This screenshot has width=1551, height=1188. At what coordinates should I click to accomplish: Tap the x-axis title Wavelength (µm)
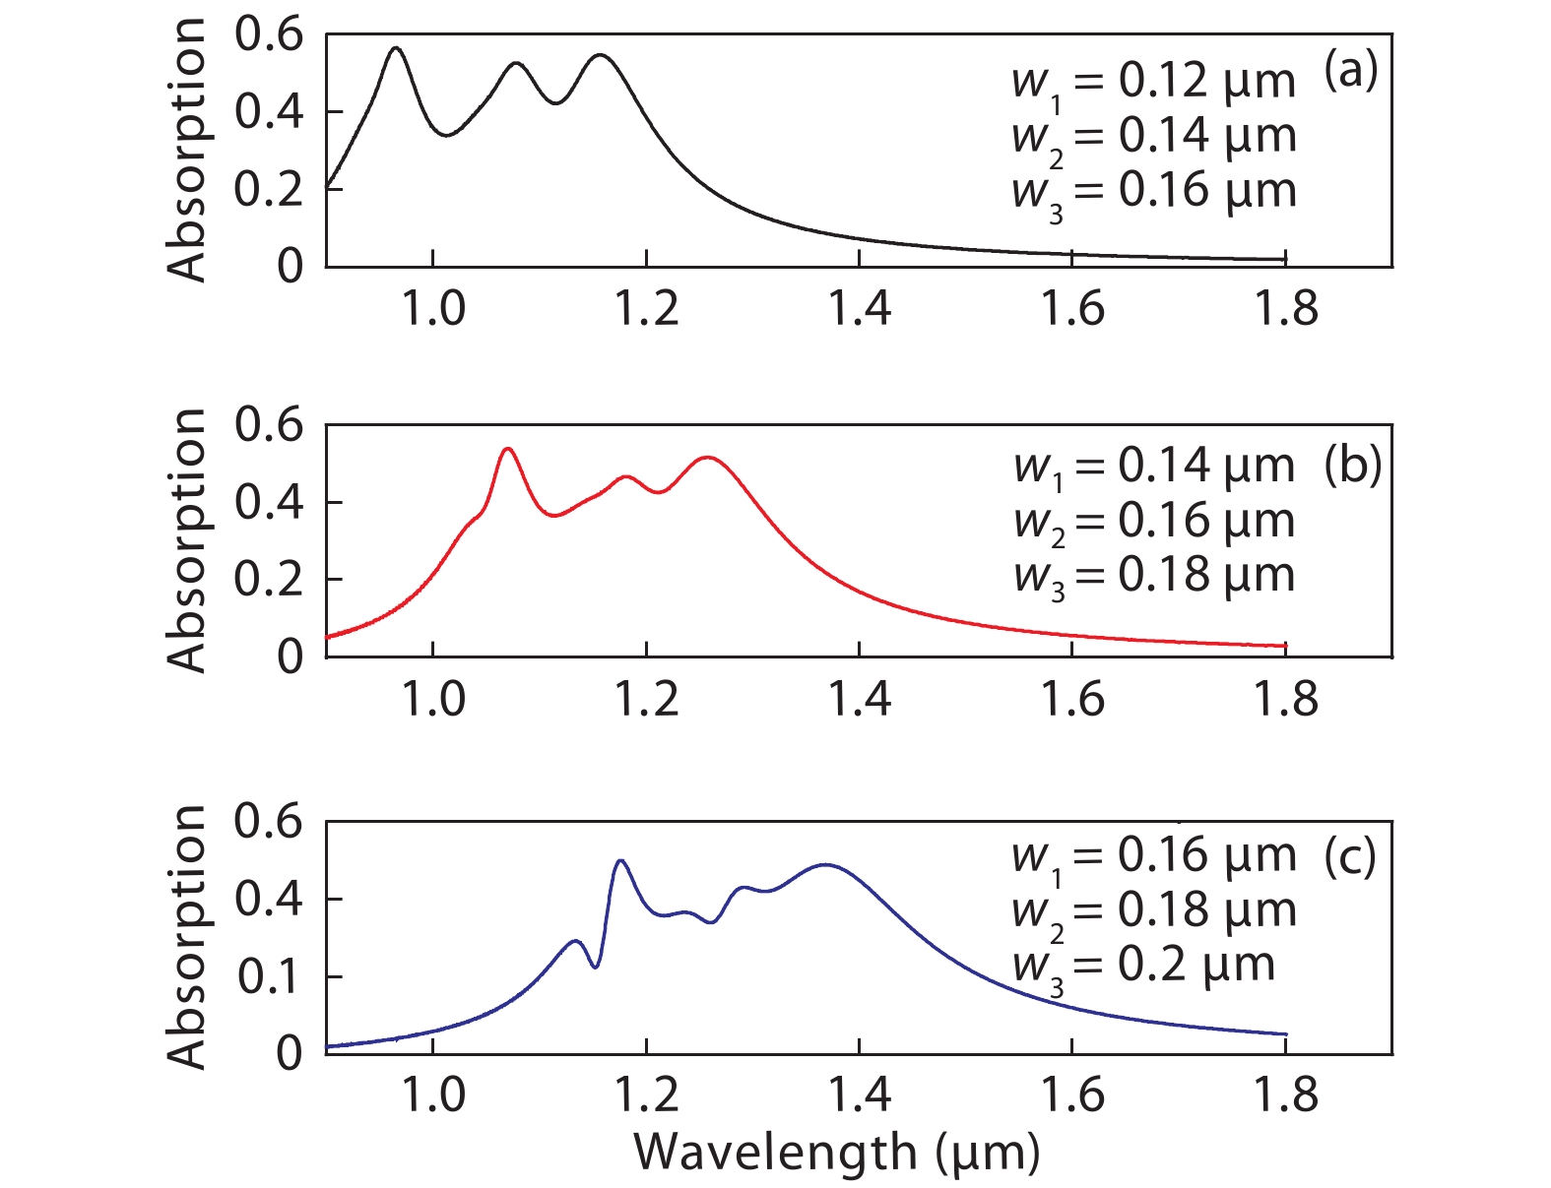point(836,1152)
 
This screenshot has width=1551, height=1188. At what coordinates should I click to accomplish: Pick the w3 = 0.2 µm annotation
point(1143,967)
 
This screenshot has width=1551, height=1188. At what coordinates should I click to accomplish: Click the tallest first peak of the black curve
point(396,47)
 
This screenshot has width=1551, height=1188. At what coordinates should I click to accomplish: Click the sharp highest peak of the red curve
point(508,449)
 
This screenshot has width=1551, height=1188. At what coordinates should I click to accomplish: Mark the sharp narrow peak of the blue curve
point(620,861)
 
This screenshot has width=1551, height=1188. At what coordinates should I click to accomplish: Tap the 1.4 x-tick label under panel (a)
point(859,309)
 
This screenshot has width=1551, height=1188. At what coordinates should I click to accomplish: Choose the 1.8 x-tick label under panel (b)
point(1285,700)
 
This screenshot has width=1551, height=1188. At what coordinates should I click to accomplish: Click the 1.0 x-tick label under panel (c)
point(432,1094)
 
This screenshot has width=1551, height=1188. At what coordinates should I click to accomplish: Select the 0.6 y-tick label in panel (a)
point(268,35)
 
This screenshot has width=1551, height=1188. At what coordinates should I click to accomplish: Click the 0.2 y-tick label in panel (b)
point(268,580)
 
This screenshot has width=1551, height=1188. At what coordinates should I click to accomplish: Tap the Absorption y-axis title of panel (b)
point(186,540)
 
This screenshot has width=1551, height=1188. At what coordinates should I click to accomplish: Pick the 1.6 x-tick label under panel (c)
point(1072,1094)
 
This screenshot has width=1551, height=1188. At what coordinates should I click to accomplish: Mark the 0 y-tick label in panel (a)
point(290,266)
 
